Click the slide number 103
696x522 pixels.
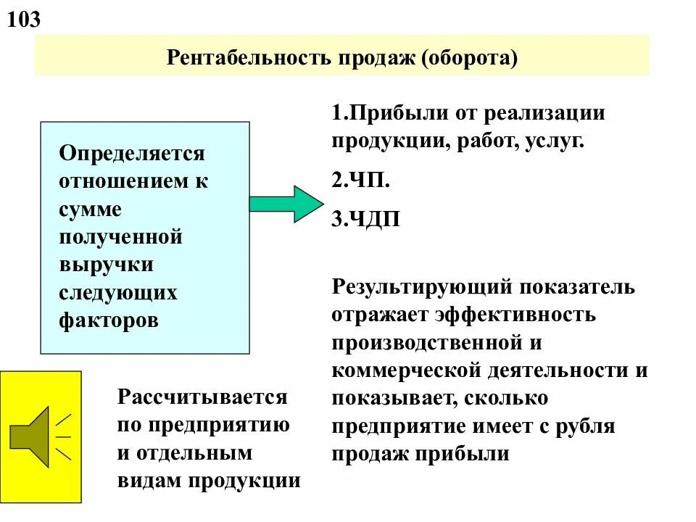(24, 20)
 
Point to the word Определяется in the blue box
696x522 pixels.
(132, 154)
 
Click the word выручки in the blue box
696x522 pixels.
(106, 265)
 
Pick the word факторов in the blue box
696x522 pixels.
(109, 320)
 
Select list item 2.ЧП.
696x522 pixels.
(361, 181)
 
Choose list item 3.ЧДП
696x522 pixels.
(366, 220)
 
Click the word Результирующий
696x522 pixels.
(424, 286)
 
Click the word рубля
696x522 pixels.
(584, 426)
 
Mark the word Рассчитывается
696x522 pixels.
(202, 397)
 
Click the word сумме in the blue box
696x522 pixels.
(90, 210)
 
